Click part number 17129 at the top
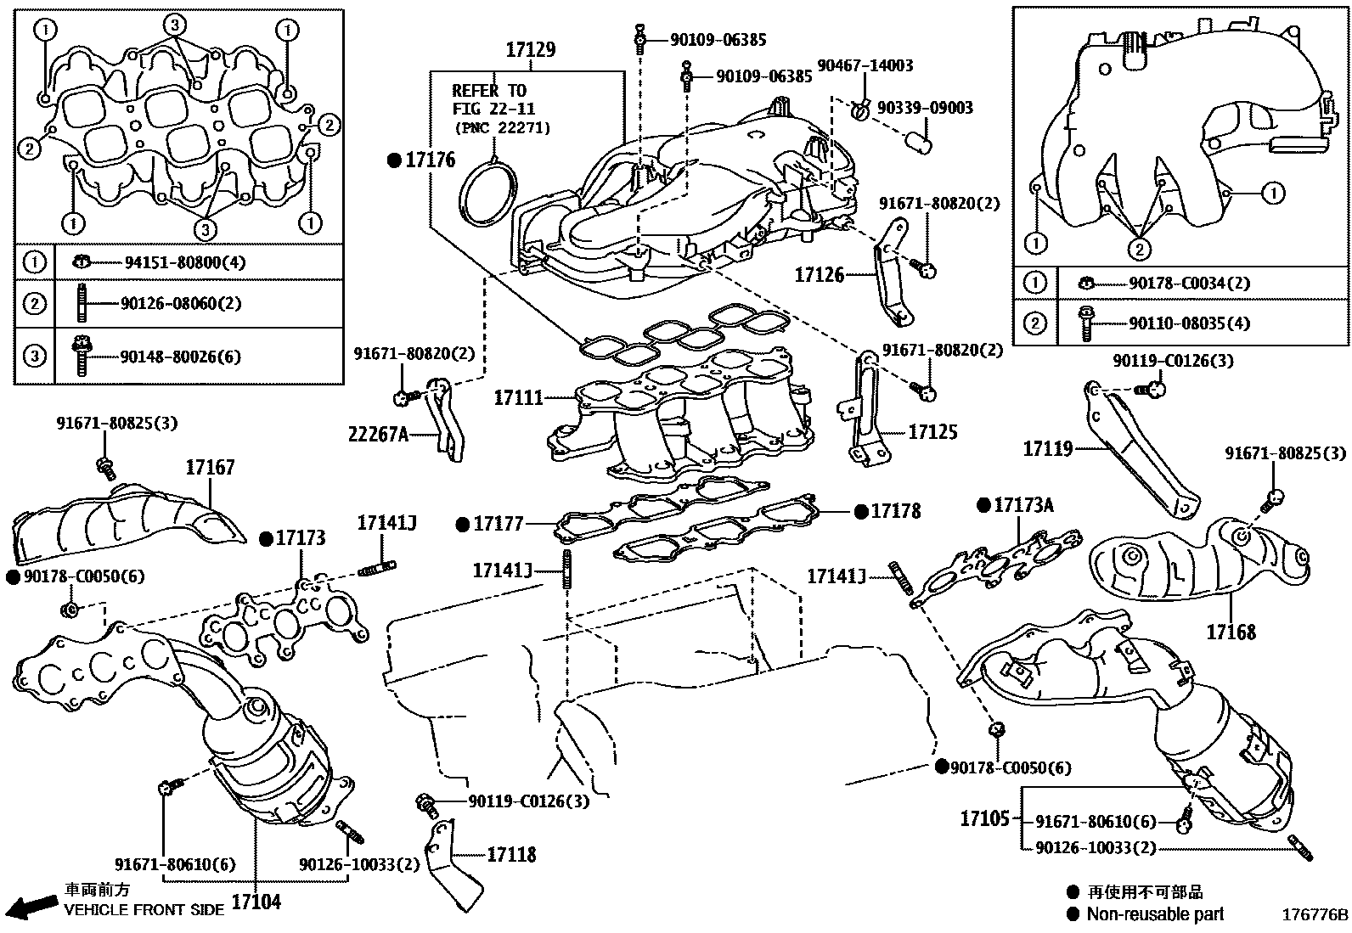point(531,50)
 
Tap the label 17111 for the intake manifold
point(518,396)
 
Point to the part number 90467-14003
point(865,65)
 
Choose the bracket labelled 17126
point(892,276)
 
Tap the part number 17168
point(1231,632)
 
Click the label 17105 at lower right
point(985,819)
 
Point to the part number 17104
point(256,901)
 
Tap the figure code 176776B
point(1315,915)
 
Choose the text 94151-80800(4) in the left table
point(184,262)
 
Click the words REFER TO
point(489,91)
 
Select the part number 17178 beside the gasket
point(896,511)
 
